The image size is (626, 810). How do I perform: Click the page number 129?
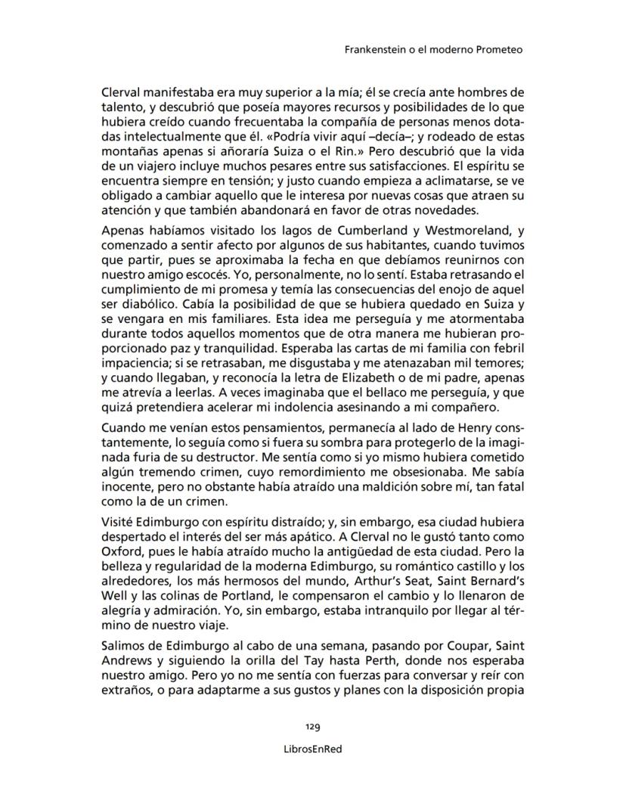tap(313, 727)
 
